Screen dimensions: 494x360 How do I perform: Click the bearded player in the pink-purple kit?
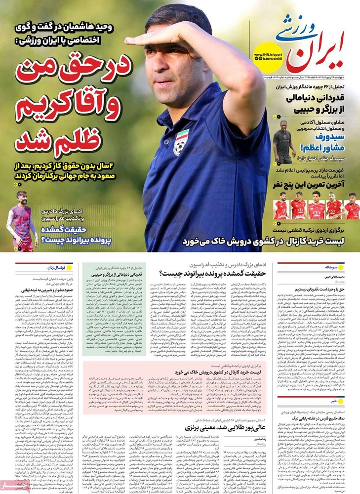point(22,217)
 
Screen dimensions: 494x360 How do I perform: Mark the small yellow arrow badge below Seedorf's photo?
point(278,162)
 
